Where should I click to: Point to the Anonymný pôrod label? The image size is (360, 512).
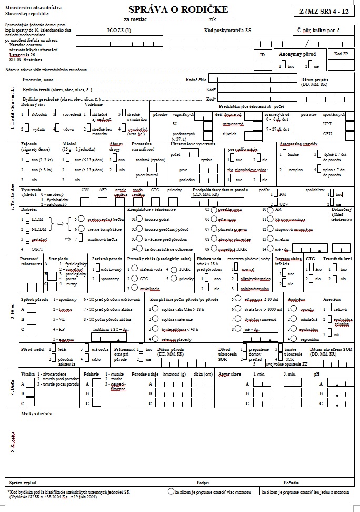click(x=297, y=54)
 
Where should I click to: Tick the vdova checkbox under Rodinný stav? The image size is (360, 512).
click(x=56, y=128)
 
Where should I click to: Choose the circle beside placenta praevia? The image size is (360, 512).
click(x=214, y=228)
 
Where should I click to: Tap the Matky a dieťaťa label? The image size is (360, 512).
click(x=37, y=415)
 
